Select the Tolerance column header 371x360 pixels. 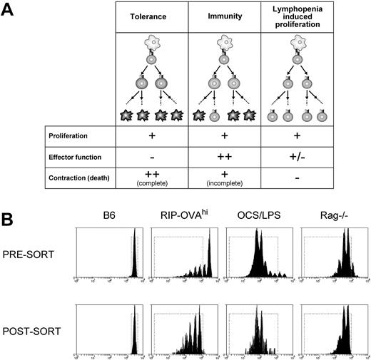153,16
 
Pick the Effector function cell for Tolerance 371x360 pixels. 153,155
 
